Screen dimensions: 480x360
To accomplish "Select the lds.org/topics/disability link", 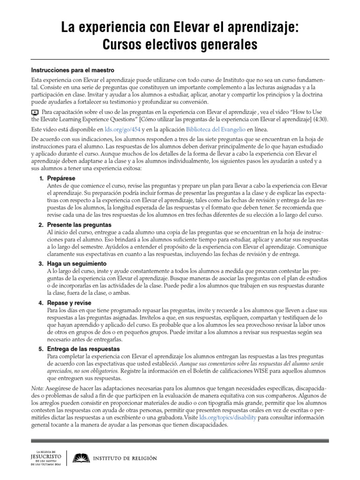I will pos(228,417).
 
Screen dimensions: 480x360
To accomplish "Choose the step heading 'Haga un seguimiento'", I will pos(76,264).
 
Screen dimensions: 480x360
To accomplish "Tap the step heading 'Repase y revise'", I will pos(69,303).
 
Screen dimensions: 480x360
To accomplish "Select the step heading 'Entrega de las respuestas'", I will pos(84,349).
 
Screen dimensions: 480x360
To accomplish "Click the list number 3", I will pos(41,264).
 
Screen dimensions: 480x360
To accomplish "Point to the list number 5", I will pos(41,349).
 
